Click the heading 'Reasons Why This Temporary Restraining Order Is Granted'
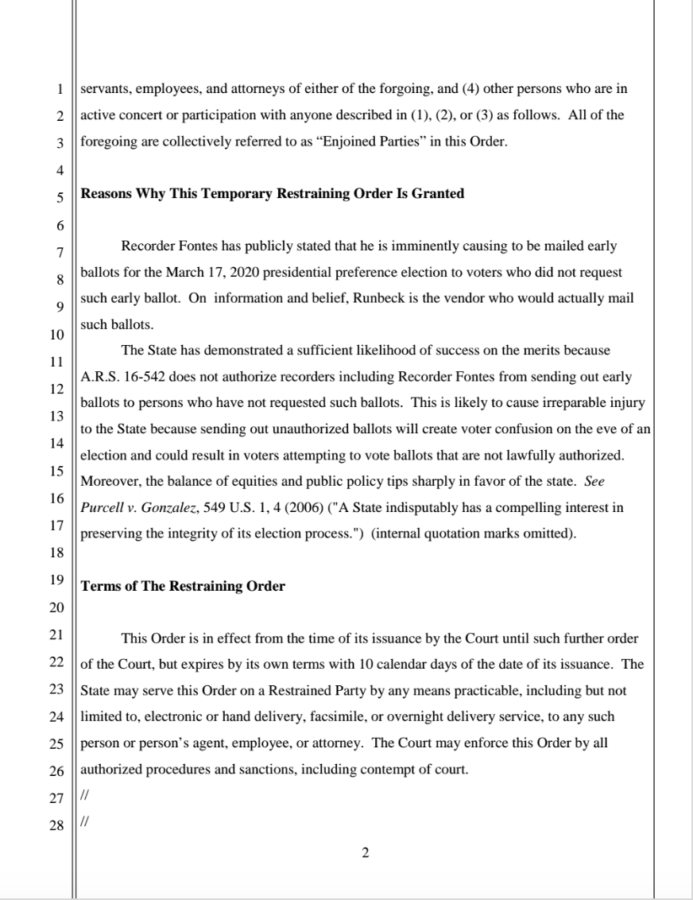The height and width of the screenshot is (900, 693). coord(273,194)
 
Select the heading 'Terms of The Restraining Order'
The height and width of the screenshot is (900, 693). coord(183,587)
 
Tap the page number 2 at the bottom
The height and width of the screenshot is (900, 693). coord(365,854)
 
